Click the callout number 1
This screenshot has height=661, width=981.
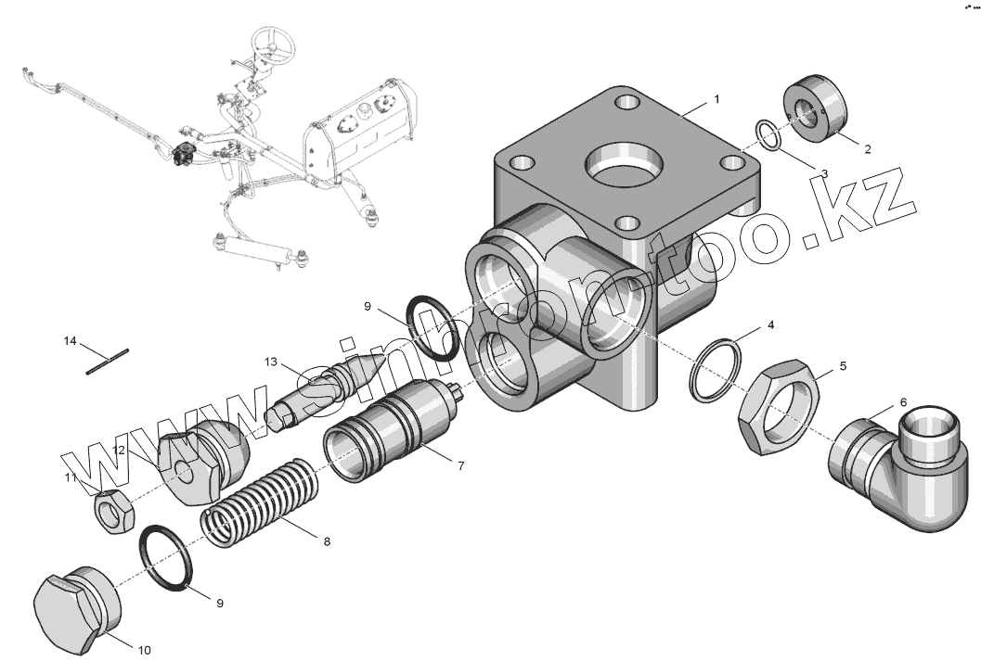coord(717,99)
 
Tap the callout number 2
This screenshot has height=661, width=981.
coord(867,148)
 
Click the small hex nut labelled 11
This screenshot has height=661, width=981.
coord(113,511)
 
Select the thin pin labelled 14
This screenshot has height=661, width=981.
coord(107,362)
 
